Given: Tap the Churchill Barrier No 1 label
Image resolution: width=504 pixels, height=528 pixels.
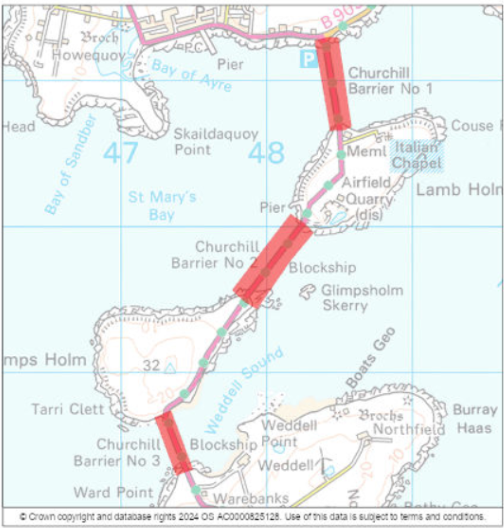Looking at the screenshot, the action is coord(390,81).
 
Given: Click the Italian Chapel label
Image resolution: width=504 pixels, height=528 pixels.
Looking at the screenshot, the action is coord(417,155).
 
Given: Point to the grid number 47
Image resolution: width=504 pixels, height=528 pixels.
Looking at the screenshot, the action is coord(120,153).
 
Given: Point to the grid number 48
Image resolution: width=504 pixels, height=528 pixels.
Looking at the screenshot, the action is coord(266,153).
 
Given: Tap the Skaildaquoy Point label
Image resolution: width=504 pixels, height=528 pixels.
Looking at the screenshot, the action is coord(216,142).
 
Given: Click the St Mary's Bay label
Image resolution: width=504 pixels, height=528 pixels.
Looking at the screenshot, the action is coord(162,206).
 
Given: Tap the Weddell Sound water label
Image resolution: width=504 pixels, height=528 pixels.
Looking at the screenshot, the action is coord(244,390).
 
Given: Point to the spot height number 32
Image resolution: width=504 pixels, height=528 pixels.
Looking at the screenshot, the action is coord(151,365).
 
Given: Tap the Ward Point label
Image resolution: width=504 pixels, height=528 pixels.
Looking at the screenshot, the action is coord(113,493).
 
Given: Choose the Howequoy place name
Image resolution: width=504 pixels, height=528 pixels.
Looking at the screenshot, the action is coord(93,55).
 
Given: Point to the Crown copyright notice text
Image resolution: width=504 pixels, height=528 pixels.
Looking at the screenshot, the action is coord(252,516).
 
